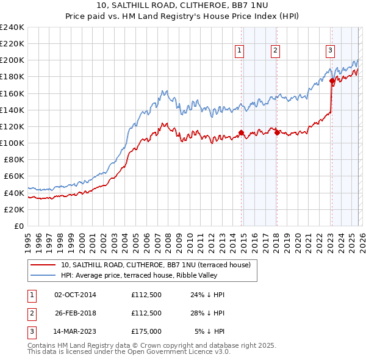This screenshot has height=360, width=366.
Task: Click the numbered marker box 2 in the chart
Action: tap(276, 51)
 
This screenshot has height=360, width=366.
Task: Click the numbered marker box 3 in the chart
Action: tap(330, 51)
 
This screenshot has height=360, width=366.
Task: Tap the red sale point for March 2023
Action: tap(332, 81)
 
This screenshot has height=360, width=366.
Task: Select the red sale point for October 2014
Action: tap(241, 132)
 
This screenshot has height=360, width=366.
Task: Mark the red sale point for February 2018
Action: tap(278, 132)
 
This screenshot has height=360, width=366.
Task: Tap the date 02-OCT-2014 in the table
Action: tap(76, 295)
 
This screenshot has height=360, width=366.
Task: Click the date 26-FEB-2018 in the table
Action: tap(76, 313)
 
